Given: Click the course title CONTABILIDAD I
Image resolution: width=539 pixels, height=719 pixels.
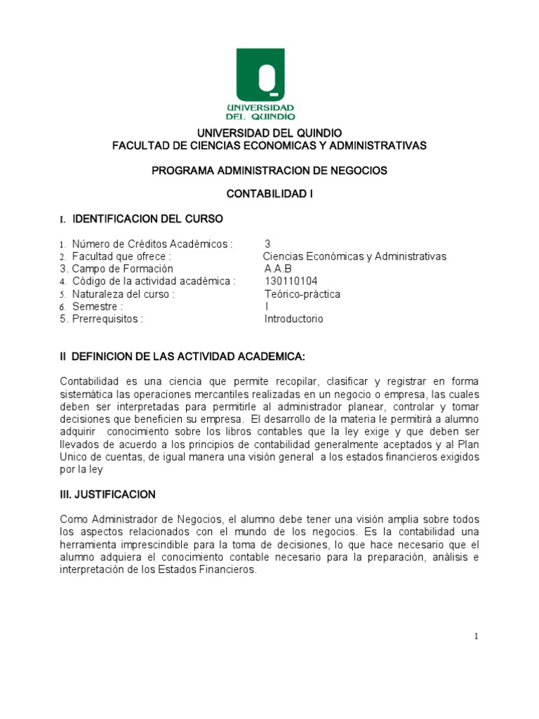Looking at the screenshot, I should [x=269, y=194].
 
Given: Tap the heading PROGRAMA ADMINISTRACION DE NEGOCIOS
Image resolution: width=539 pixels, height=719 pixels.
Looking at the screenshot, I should [x=269, y=170].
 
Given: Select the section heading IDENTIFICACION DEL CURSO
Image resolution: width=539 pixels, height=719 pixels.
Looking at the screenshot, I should [x=148, y=219].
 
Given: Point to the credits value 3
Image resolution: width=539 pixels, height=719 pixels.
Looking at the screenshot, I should [x=267, y=244].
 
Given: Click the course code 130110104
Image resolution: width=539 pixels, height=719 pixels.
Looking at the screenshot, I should [x=291, y=282].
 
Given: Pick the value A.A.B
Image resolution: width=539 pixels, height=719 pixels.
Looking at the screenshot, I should [x=277, y=269].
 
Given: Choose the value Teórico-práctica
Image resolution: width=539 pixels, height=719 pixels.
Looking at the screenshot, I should [x=302, y=294].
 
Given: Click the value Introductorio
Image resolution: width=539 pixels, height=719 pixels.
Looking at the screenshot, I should [x=293, y=319].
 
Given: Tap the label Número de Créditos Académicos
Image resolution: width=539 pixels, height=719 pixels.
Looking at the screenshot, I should [x=152, y=244].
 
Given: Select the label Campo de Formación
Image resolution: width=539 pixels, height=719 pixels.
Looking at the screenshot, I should [x=122, y=269].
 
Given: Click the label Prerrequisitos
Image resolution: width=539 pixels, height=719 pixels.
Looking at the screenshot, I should [x=107, y=319].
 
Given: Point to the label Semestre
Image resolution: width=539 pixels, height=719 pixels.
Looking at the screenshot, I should [x=98, y=307].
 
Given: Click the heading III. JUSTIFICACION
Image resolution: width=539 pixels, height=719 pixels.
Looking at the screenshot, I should [x=107, y=495].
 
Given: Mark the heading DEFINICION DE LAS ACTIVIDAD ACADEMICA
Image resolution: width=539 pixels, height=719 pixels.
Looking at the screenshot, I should [x=188, y=357].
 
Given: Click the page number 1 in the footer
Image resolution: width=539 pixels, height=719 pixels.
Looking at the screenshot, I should [x=476, y=637].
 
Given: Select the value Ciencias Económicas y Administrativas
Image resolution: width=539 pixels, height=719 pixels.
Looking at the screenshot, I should [x=354, y=256].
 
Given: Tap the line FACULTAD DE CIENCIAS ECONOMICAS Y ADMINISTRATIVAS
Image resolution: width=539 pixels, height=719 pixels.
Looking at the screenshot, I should [x=269, y=145].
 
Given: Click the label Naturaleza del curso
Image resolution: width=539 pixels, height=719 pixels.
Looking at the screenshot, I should [x=123, y=294].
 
